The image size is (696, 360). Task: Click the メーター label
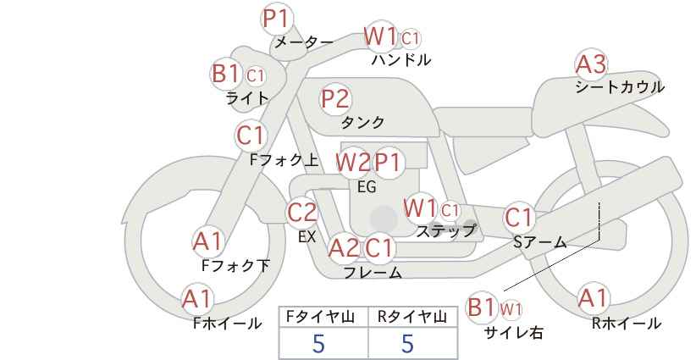pyautogui.click(x=304, y=42)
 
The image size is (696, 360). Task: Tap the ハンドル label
pyautogui.click(x=401, y=59)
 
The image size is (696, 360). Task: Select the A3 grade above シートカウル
pyautogui.click(x=591, y=64)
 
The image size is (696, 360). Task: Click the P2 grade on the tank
pyautogui.click(x=335, y=98)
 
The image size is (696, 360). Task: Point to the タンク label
pyautogui.click(x=362, y=122)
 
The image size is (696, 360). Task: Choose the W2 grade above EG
pyautogui.click(x=352, y=163)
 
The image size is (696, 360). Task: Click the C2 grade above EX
pyautogui.click(x=302, y=213)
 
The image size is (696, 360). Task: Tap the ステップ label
pyautogui.click(x=445, y=230)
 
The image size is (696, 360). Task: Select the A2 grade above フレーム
pyautogui.click(x=344, y=248)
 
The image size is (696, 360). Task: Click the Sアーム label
pyautogui.click(x=539, y=242)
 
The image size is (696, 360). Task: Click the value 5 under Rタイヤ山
pyautogui.click(x=407, y=343)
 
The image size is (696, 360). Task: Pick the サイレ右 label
pyautogui.click(x=514, y=332)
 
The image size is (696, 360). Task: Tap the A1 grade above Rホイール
pyautogui.click(x=592, y=298)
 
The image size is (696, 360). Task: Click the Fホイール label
pyautogui.click(x=227, y=324)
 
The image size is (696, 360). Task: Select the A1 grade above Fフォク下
pyautogui.click(x=207, y=242)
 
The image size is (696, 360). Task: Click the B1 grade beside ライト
pyautogui.click(x=226, y=74)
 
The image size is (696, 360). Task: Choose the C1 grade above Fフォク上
pyautogui.click(x=251, y=136)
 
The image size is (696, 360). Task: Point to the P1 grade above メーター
pyautogui.click(x=278, y=19)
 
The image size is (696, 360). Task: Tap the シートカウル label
pyautogui.click(x=620, y=86)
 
